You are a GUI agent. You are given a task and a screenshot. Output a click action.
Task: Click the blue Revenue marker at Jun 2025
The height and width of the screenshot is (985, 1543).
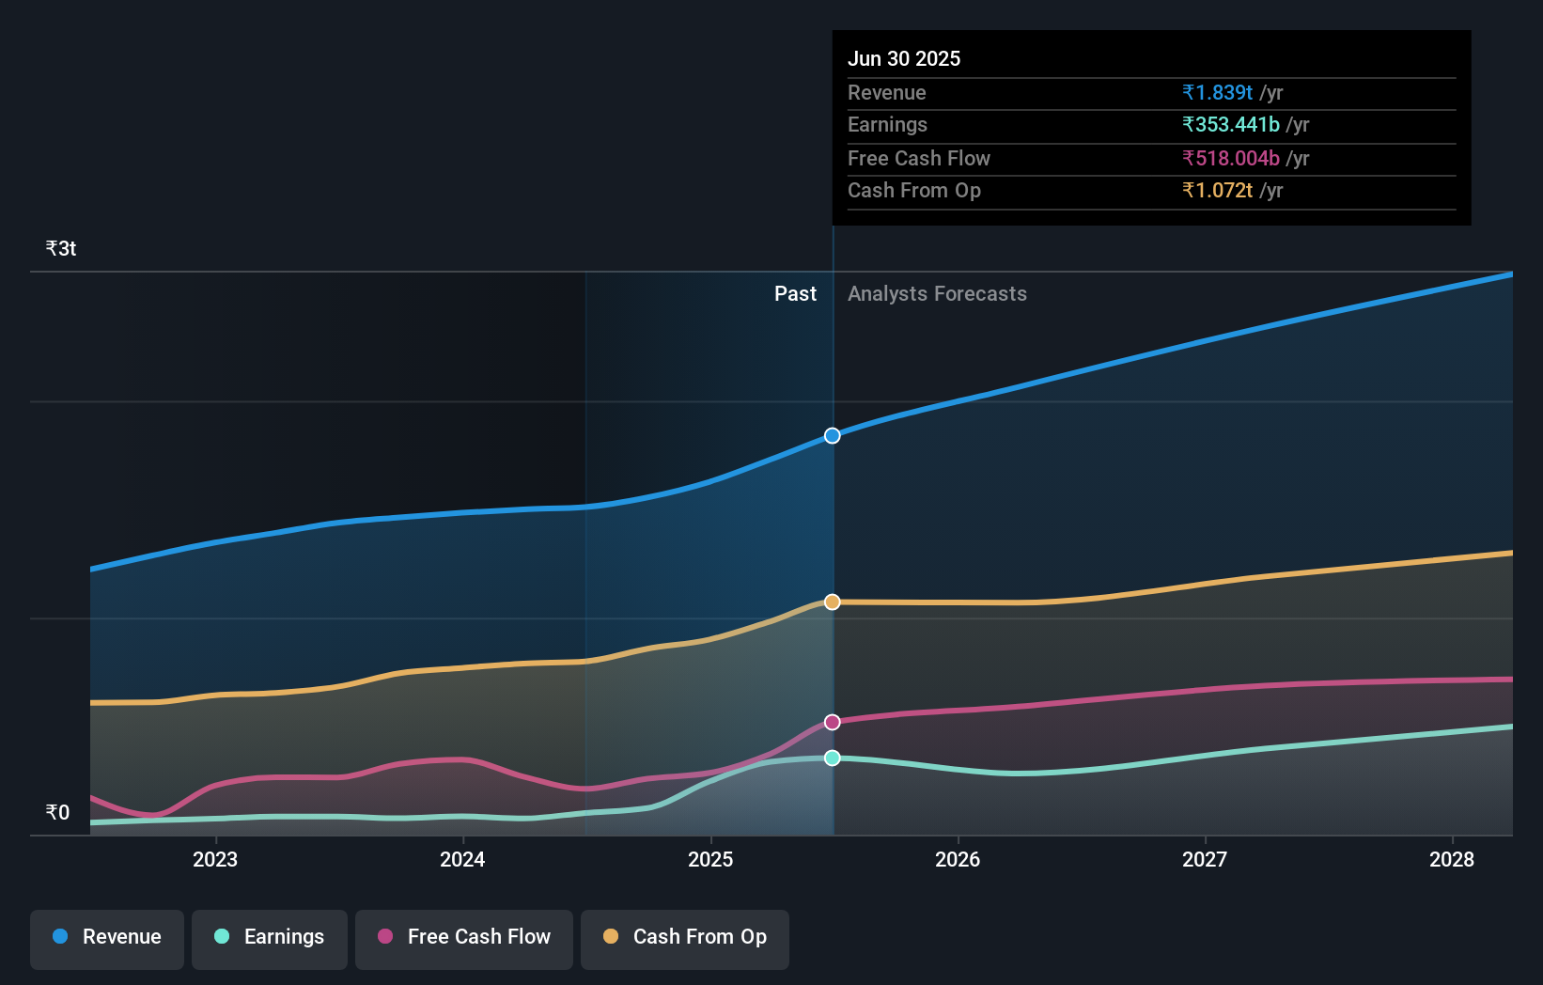[x=833, y=435]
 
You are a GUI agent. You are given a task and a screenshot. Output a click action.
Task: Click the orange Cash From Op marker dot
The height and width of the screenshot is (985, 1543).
[x=833, y=602]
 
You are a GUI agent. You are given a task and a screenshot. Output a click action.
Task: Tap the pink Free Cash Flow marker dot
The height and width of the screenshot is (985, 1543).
[x=833, y=722]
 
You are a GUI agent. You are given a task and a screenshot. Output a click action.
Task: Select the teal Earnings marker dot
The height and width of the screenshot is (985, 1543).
[x=833, y=758]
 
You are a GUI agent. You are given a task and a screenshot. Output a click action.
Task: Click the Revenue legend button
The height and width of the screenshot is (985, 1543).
[x=107, y=937]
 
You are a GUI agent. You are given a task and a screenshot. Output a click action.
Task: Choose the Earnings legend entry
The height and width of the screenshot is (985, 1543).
[x=270, y=937]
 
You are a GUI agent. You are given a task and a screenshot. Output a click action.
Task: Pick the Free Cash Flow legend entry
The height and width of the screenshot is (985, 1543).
[x=464, y=937]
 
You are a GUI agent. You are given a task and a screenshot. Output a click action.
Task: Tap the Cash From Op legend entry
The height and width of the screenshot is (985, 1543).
[x=685, y=937]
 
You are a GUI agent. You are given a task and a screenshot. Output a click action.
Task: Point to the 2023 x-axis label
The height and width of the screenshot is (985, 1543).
[x=215, y=859]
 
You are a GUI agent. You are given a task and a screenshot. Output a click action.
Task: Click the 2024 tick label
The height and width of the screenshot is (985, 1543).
[x=462, y=859]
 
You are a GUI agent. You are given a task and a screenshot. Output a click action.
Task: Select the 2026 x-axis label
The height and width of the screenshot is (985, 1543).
[x=958, y=859]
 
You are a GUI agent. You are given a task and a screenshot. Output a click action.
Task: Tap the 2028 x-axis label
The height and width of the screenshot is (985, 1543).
[x=1452, y=859]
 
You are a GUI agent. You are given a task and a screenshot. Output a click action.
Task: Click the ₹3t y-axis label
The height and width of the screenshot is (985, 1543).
[x=61, y=248]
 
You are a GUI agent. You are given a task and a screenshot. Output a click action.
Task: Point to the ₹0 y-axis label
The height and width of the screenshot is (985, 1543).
[x=57, y=812]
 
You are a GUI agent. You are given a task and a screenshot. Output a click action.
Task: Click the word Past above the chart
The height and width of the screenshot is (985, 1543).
[x=795, y=293]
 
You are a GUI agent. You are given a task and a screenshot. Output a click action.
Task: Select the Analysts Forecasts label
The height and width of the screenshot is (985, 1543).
[x=937, y=293]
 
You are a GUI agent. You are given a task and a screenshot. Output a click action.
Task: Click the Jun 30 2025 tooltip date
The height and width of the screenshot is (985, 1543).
[x=904, y=58]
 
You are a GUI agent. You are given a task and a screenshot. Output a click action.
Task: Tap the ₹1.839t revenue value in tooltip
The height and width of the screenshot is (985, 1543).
[x=1217, y=92]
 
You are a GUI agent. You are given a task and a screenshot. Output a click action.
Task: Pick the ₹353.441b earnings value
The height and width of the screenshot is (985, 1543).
[x=1231, y=124]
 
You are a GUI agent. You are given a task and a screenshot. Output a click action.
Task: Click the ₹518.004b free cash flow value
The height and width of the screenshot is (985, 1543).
[x=1231, y=158]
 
